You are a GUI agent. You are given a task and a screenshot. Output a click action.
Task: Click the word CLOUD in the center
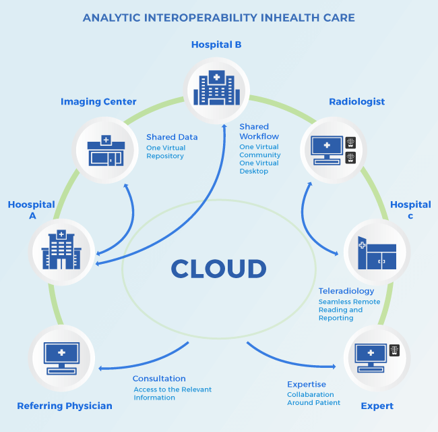[x=218, y=269]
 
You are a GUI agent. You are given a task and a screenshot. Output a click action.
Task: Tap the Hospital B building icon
[x=216, y=88]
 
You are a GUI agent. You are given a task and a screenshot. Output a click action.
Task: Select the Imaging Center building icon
[x=106, y=151]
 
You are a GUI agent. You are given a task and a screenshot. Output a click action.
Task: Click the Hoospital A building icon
[x=61, y=250]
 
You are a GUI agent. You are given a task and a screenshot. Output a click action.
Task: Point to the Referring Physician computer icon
[x=61, y=358]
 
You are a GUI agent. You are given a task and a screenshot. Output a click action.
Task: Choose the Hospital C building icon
[x=377, y=252]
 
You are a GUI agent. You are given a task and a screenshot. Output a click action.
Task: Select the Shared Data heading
[x=172, y=137]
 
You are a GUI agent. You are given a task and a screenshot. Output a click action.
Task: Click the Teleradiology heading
[x=346, y=292]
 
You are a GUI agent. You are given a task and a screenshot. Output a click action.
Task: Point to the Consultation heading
[x=159, y=379]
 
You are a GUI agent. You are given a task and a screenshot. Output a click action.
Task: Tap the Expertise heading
[x=307, y=385]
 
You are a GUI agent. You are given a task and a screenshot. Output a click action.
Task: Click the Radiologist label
[x=356, y=102]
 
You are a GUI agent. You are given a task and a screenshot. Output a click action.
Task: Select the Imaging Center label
[x=98, y=102]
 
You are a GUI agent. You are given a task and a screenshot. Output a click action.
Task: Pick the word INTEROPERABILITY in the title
[x=200, y=18]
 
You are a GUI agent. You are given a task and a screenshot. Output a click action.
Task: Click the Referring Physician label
[x=65, y=406]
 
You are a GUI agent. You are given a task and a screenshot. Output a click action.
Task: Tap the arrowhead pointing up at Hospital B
[x=224, y=126]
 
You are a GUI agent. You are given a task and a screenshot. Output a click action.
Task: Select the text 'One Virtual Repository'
[x=166, y=152]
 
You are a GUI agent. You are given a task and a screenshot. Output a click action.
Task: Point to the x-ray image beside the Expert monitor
[x=394, y=350]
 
